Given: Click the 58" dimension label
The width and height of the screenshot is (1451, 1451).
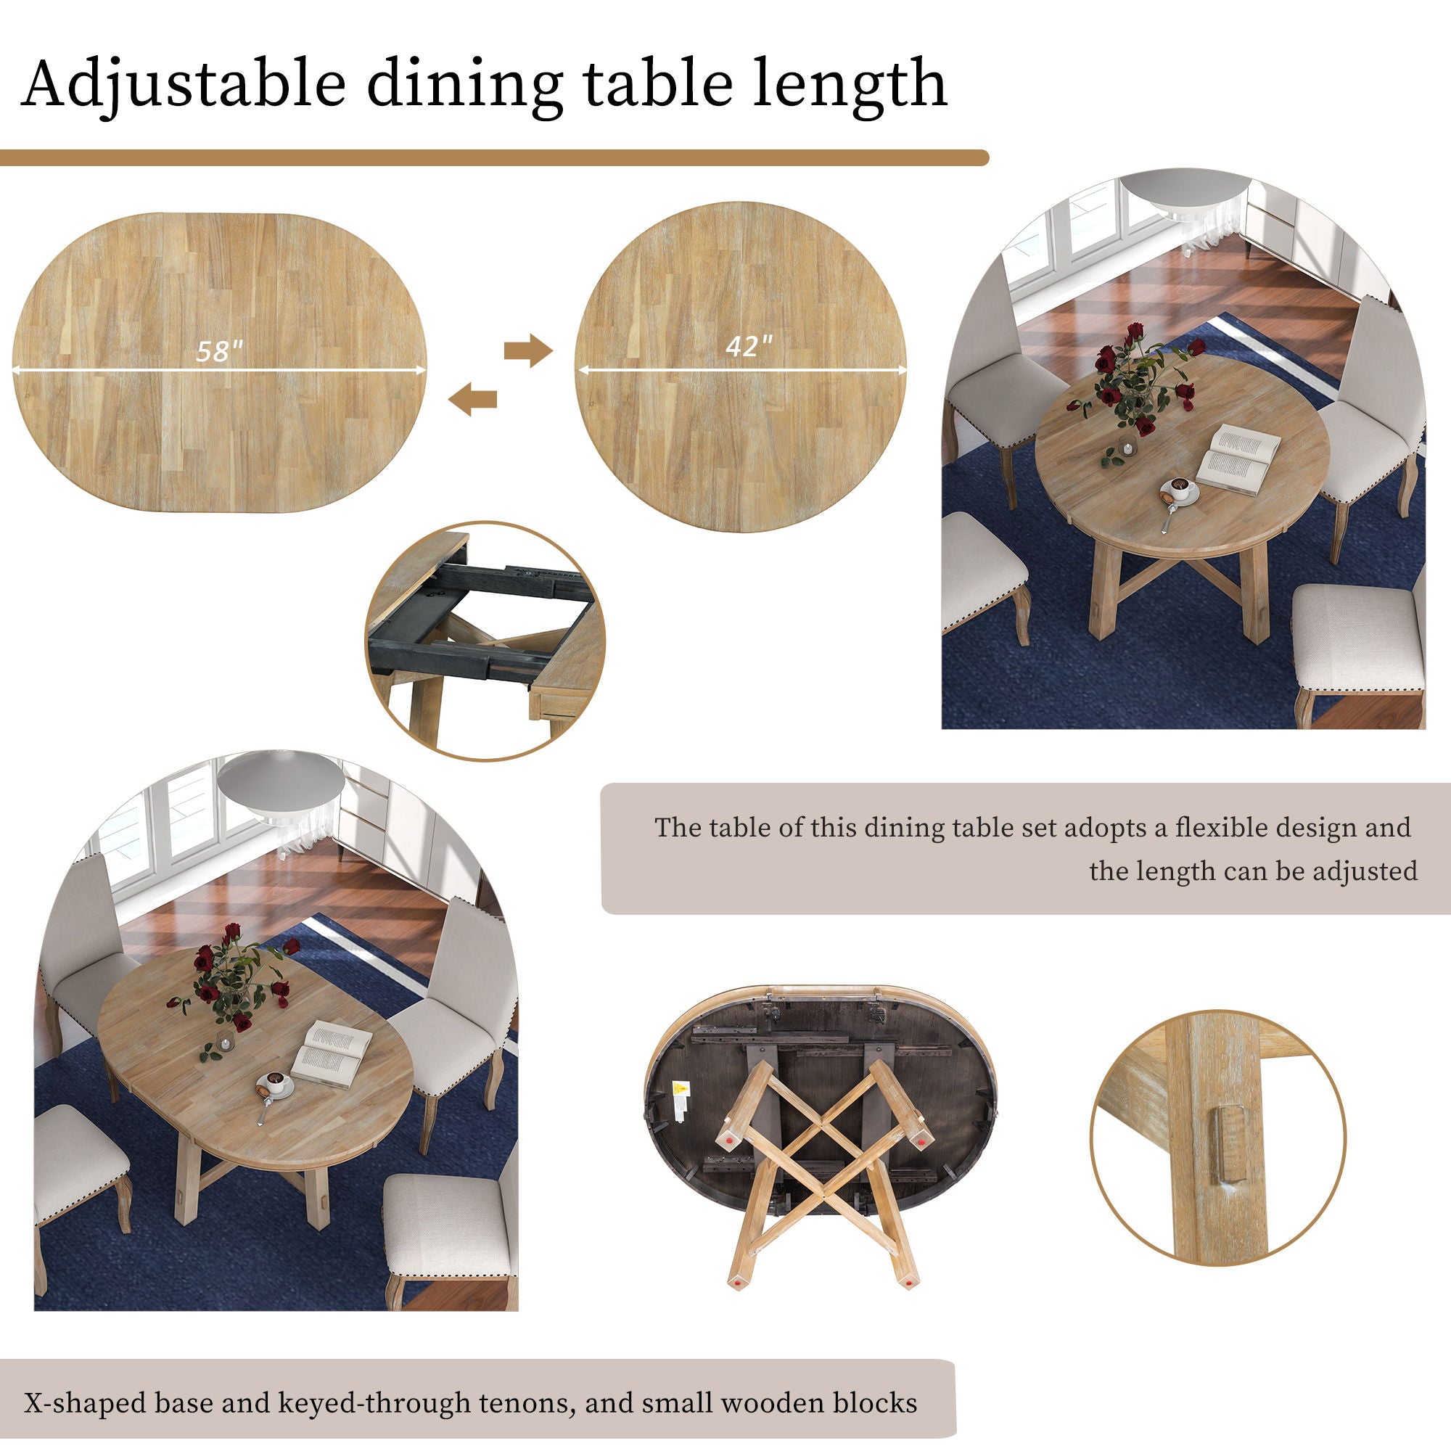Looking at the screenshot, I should coord(219,350).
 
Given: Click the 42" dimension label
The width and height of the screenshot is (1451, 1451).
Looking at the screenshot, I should coord(748,346).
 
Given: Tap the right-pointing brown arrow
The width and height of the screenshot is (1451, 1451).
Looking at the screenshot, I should coord(527,350).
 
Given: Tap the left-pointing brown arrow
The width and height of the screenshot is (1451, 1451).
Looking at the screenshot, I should coord(472,398).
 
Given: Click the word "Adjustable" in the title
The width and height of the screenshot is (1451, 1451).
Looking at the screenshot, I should coord(184,84).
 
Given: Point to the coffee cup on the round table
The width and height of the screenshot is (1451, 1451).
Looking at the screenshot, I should coord(1180,490).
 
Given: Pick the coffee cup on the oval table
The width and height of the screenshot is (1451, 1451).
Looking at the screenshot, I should coord(276,1082).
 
